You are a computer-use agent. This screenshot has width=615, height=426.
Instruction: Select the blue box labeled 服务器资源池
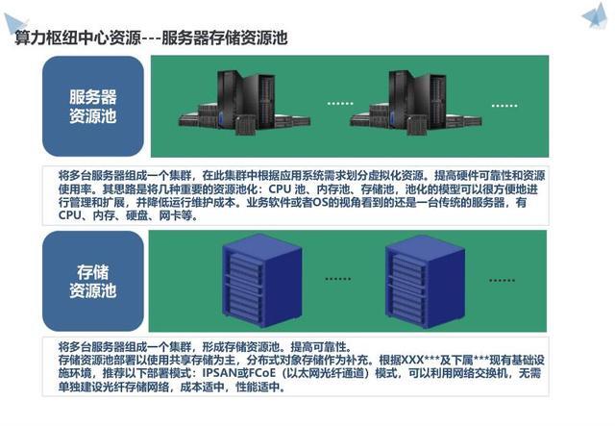coord(93,107)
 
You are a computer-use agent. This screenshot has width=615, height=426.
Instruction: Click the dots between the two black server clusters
coord(340,102)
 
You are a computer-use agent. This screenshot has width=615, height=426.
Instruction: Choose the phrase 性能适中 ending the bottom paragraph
coord(259,388)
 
